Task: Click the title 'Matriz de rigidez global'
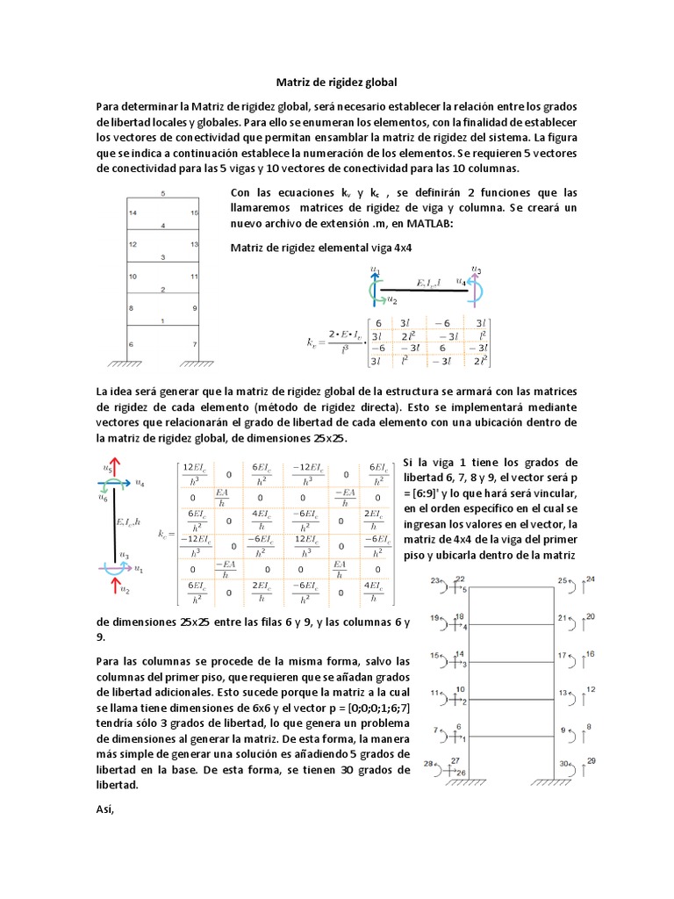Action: click(x=337, y=83)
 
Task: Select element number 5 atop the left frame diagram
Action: click(x=162, y=193)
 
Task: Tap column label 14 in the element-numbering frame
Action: click(x=132, y=213)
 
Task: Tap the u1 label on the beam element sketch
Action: click(x=375, y=269)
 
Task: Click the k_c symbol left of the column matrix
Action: click(x=164, y=533)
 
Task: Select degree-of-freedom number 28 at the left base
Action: click(x=428, y=764)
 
